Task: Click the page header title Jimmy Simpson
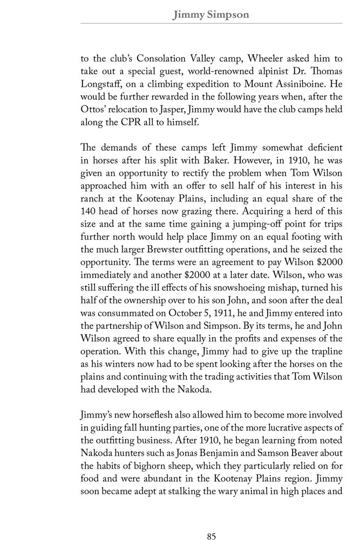point(211,15)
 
